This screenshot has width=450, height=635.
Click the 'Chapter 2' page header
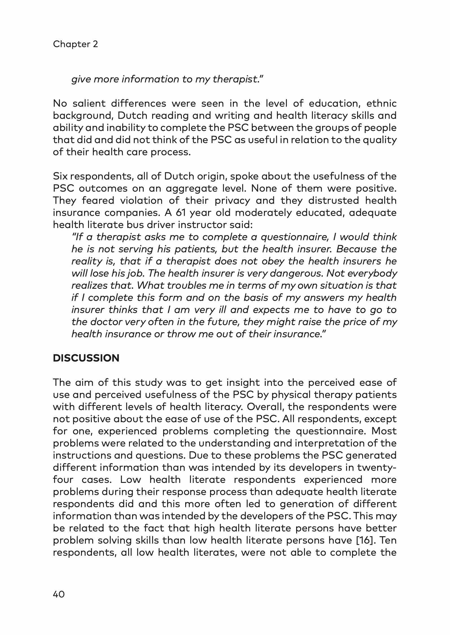75,44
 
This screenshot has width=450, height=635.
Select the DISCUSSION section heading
86,358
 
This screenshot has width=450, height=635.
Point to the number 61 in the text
180,213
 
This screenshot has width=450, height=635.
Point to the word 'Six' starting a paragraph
60,176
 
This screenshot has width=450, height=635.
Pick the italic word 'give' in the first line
81,79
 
